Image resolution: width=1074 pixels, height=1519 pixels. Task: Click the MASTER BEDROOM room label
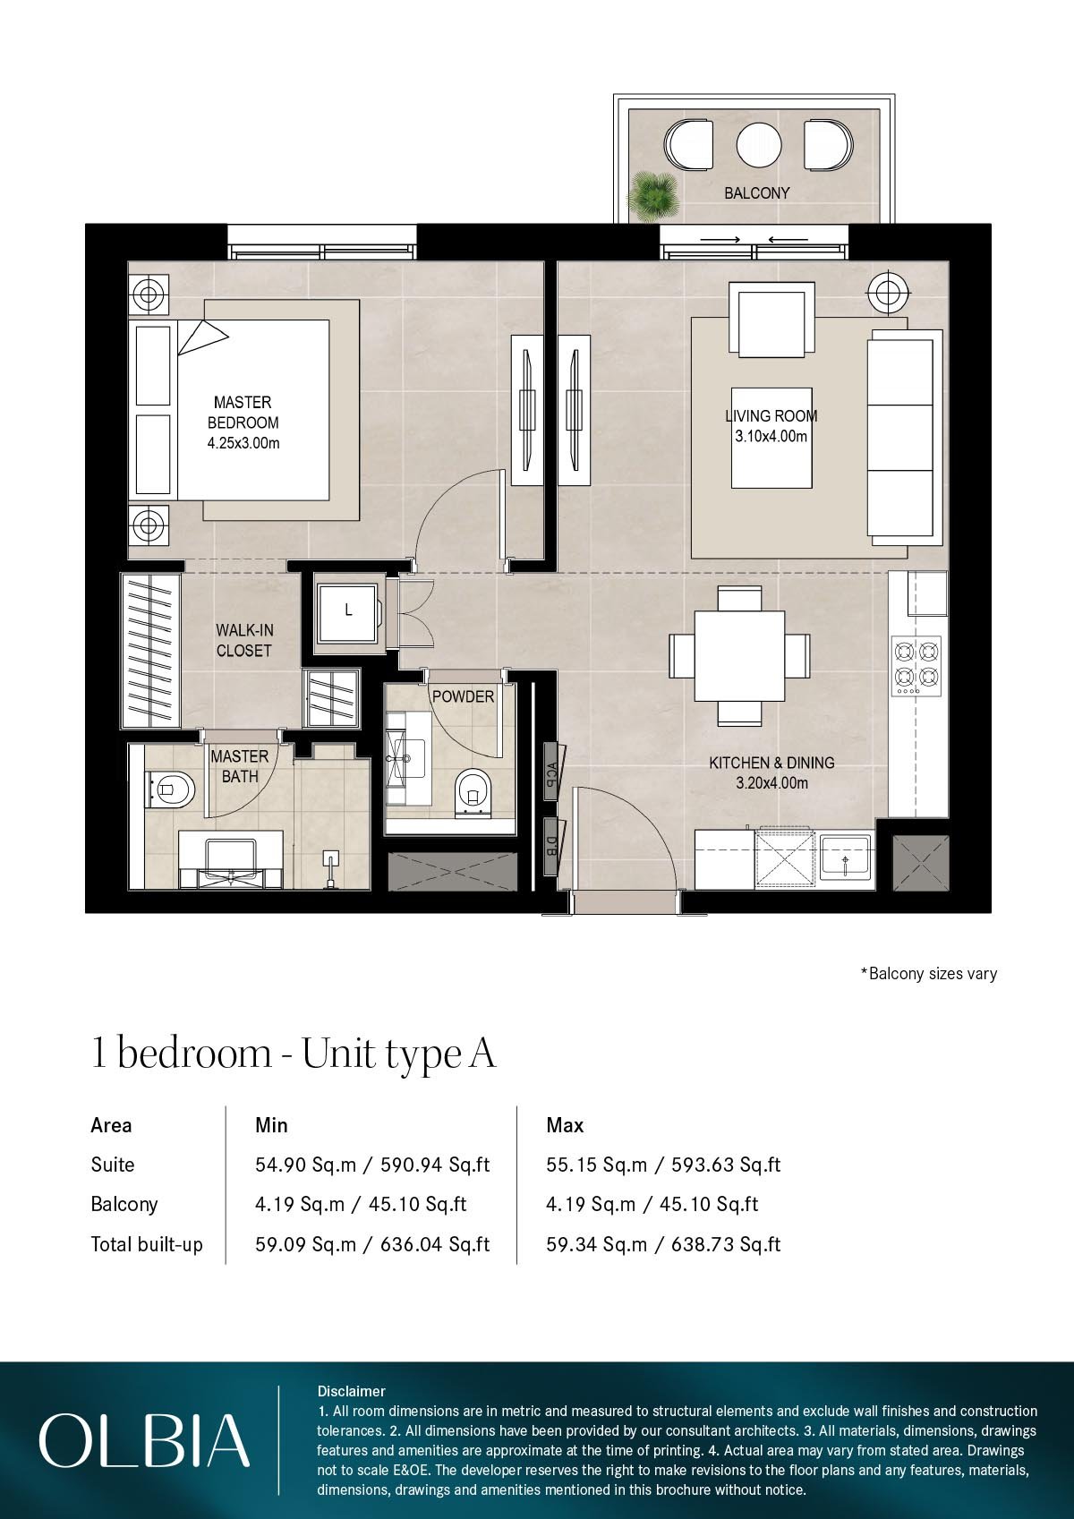coord(243,422)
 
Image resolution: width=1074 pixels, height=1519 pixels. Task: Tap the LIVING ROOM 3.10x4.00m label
coord(771,426)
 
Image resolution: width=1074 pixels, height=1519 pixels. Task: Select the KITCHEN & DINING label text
coord(771,772)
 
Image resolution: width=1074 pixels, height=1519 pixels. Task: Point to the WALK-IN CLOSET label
coord(243,641)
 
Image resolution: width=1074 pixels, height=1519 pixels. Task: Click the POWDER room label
coord(463,696)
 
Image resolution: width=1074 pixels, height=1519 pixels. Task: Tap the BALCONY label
coord(756,192)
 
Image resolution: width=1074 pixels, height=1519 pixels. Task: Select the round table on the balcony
coord(759,144)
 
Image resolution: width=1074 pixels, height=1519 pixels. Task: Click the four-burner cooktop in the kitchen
coord(917,666)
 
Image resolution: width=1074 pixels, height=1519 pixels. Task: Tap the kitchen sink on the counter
coord(846,858)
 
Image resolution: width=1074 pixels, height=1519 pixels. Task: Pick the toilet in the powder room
coord(472,793)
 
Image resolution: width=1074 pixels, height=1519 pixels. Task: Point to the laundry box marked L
coord(348,611)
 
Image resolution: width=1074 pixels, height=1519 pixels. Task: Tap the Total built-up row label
coord(147,1244)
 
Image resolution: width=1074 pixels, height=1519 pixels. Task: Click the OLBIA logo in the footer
coord(143,1440)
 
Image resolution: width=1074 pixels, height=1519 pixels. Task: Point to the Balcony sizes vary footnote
coord(928,973)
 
